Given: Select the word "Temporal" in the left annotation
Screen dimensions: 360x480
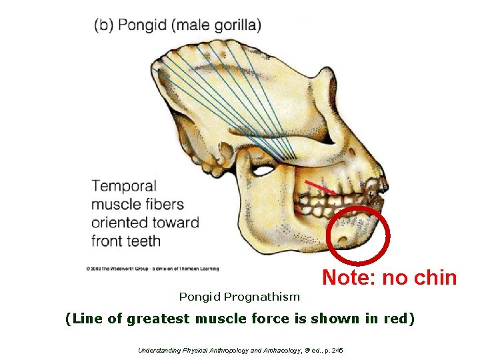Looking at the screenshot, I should (123, 186).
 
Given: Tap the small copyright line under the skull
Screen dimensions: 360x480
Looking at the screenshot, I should (151, 269).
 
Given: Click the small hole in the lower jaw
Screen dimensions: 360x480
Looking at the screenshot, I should (343, 239).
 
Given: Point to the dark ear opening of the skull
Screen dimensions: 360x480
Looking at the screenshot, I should (263, 171).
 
